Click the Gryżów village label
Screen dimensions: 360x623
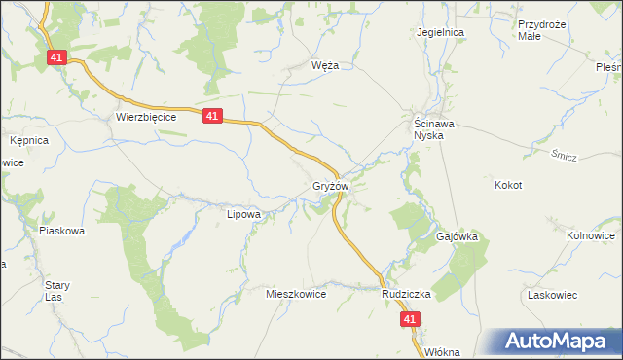click(330, 185)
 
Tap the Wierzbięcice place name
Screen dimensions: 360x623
click(145, 116)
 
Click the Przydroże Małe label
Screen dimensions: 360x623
click(542, 29)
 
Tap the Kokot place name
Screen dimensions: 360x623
click(508, 185)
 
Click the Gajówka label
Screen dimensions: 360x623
click(456, 236)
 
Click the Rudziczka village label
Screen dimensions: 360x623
click(406, 293)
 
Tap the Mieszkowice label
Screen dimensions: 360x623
click(295, 293)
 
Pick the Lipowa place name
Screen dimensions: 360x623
click(243, 214)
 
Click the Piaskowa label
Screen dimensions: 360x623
click(62, 231)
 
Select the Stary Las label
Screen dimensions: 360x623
click(56, 291)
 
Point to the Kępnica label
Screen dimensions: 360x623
click(29, 140)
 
